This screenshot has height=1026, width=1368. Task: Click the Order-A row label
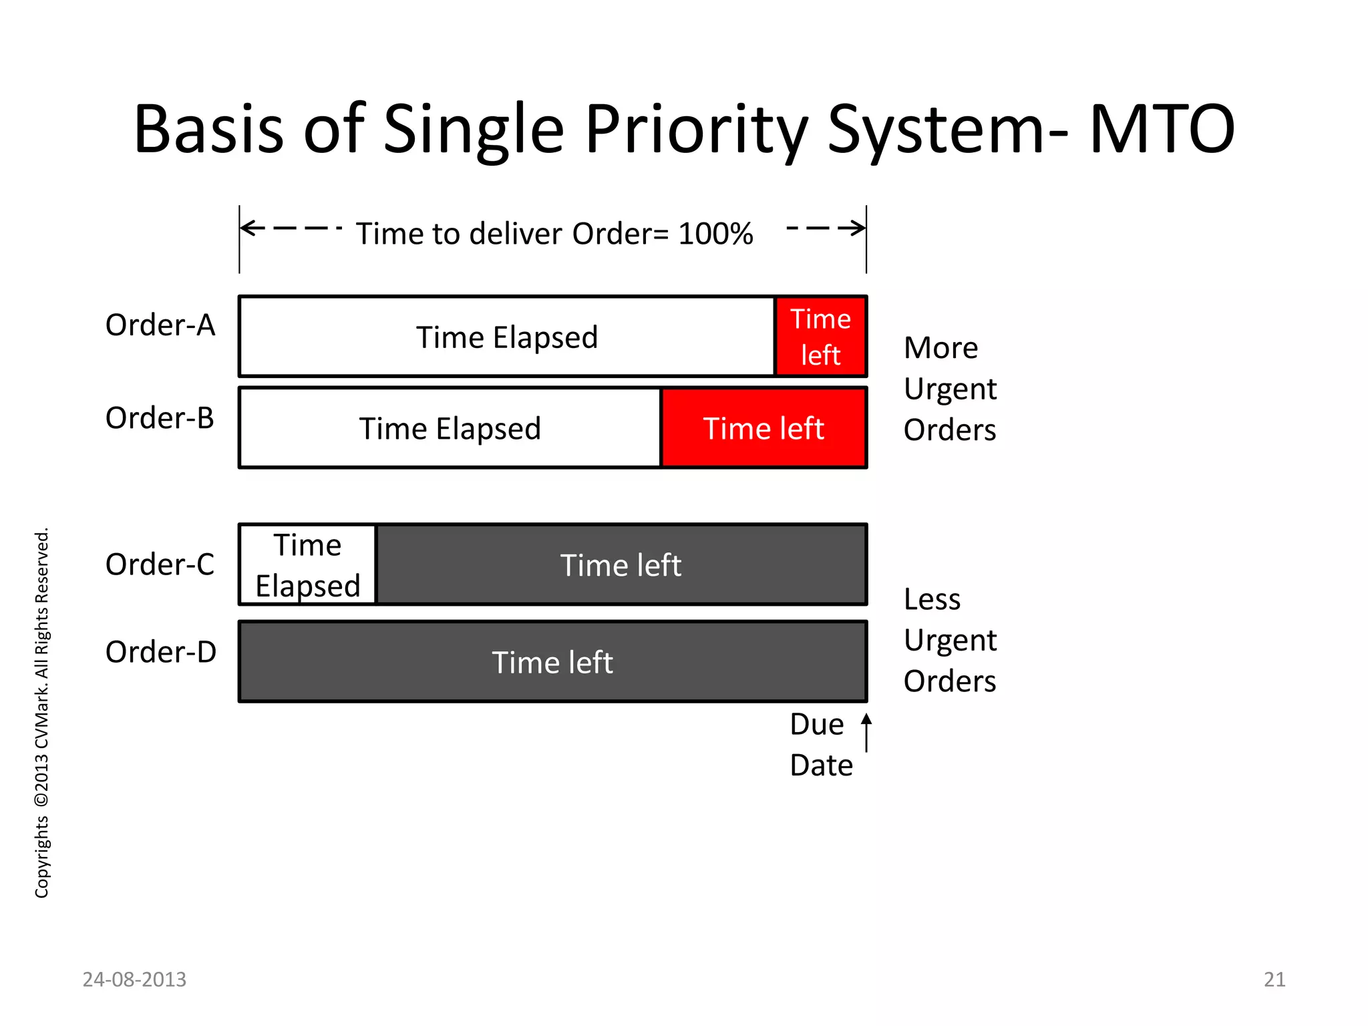tap(160, 325)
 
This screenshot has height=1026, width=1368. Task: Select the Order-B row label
tap(160, 418)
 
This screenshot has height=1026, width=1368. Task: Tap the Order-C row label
tap(160, 564)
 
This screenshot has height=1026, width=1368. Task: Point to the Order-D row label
tap(161, 652)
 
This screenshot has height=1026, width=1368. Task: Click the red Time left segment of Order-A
tap(820, 337)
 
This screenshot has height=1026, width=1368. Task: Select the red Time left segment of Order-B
tap(763, 428)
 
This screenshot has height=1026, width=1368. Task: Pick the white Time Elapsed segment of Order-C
tap(308, 565)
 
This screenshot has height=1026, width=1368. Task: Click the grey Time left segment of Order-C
tap(621, 565)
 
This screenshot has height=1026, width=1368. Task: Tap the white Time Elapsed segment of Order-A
tap(506, 337)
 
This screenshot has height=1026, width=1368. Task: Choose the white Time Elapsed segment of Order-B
tap(450, 428)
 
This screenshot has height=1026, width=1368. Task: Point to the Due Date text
tap(821, 745)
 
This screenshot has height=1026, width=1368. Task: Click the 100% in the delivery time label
tap(715, 234)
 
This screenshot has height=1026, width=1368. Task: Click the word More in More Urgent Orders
tap(940, 348)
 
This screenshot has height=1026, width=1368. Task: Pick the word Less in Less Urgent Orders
tap(932, 599)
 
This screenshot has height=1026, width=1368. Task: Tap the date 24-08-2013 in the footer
tap(134, 979)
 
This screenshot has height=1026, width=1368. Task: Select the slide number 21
tap(1274, 979)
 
